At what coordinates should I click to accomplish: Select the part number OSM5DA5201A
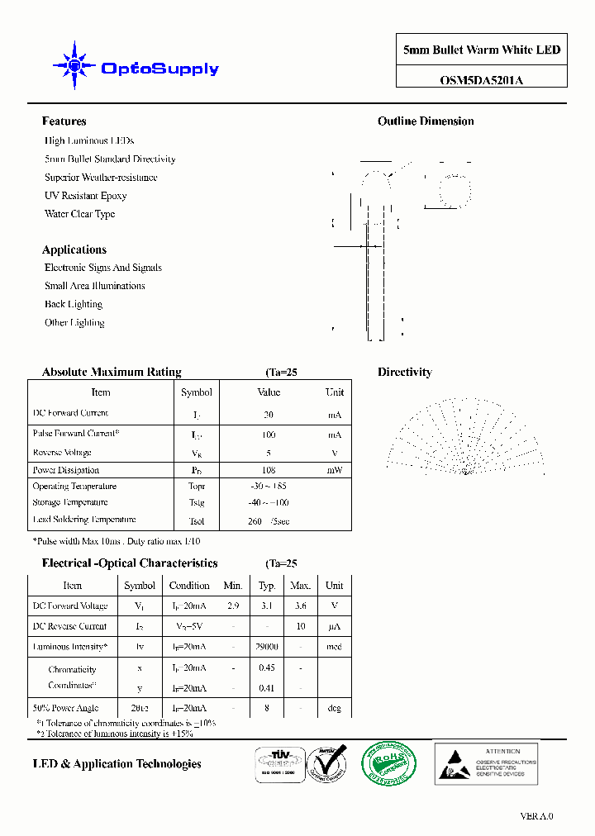click(x=481, y=80)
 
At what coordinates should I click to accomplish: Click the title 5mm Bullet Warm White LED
click(x=481, y=50)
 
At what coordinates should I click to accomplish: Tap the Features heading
click(x=64, y=121)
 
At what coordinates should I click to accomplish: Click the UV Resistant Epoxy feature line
click(x=85, y=196)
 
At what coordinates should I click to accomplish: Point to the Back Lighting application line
click(x=74, y=305)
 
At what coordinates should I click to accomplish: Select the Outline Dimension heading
click(x=426, y=121)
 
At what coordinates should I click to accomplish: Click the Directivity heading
click(x=405, y=373)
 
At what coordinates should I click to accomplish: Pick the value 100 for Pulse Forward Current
click(x=269, y=435)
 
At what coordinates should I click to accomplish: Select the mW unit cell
click(x=334, y=470)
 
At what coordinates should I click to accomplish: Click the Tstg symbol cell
click(x=196, y=502)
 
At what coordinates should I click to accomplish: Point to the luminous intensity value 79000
click(x=267, y=647)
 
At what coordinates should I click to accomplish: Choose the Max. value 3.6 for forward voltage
click(x=301, y=606)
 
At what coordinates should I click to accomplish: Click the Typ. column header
click(x=267, y=586)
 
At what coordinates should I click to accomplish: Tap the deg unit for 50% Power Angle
click(x=334, y=708)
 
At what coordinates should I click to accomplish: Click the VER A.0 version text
click(x=536, y=816)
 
